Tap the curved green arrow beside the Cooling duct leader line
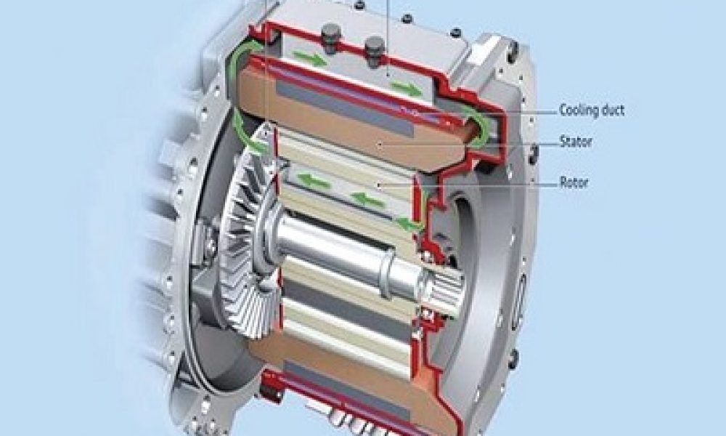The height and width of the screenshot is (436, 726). (x=476, y=129)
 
